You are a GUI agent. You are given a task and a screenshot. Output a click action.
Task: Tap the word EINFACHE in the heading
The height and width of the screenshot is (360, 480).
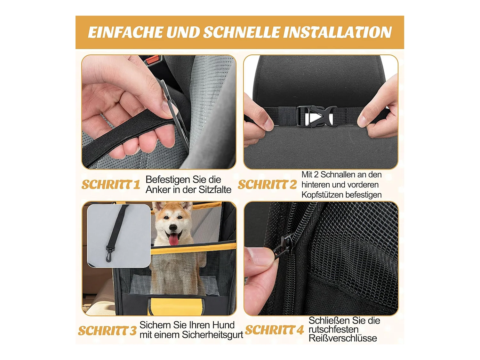coord(125,32)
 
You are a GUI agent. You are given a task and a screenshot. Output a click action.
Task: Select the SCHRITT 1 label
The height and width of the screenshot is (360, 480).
coord(111,185)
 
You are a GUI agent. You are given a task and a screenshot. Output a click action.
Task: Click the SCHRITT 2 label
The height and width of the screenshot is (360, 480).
coord(267,185)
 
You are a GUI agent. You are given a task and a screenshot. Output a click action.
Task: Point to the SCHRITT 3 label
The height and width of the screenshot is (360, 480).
coord(107,331)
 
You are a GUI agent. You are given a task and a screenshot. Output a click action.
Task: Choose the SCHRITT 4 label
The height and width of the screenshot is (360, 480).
coord(275,330)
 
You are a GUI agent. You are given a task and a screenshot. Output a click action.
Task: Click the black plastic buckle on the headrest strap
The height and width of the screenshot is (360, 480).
coord(316,116)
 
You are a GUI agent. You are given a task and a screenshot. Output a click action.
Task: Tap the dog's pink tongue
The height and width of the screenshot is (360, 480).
coord(173,239)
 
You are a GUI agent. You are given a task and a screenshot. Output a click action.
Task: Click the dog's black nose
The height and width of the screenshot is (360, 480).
coord(173,228)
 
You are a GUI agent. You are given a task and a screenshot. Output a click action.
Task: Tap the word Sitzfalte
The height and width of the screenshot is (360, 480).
coord(215,190)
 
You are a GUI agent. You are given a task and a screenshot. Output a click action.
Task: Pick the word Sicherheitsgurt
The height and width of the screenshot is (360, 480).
coord(212,335)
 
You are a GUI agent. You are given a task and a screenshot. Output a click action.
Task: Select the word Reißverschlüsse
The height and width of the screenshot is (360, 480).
coord(343,339)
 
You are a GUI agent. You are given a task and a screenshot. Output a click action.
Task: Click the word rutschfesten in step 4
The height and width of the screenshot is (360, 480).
coord(333,330)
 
